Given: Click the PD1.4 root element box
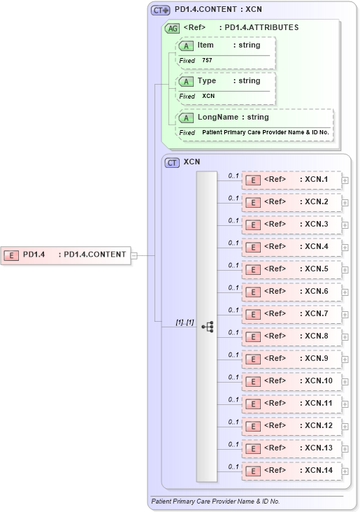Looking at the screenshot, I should coord(66,255).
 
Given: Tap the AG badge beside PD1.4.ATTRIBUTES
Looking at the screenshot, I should coord(171,29).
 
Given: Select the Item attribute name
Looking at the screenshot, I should coord(206,45).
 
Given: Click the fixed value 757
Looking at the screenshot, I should coord(207,61).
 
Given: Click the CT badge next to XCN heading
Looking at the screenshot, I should coord(172,162).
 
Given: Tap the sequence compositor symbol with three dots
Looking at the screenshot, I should coord(207,327).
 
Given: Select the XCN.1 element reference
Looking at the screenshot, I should coord(291,180).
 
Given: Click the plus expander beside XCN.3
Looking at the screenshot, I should coord(345,225).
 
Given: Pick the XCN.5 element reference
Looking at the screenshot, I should coord(291,269).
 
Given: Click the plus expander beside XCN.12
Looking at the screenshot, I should coord(345,427).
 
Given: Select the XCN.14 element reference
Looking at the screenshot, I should coord(291,471).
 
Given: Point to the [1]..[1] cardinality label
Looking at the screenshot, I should coord(184,322).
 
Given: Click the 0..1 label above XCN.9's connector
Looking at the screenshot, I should coord(233,355).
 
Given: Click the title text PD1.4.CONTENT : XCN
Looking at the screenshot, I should coord(218,10).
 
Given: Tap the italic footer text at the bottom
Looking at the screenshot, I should coord(215,502).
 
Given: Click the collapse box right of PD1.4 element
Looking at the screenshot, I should coord(134,255).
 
